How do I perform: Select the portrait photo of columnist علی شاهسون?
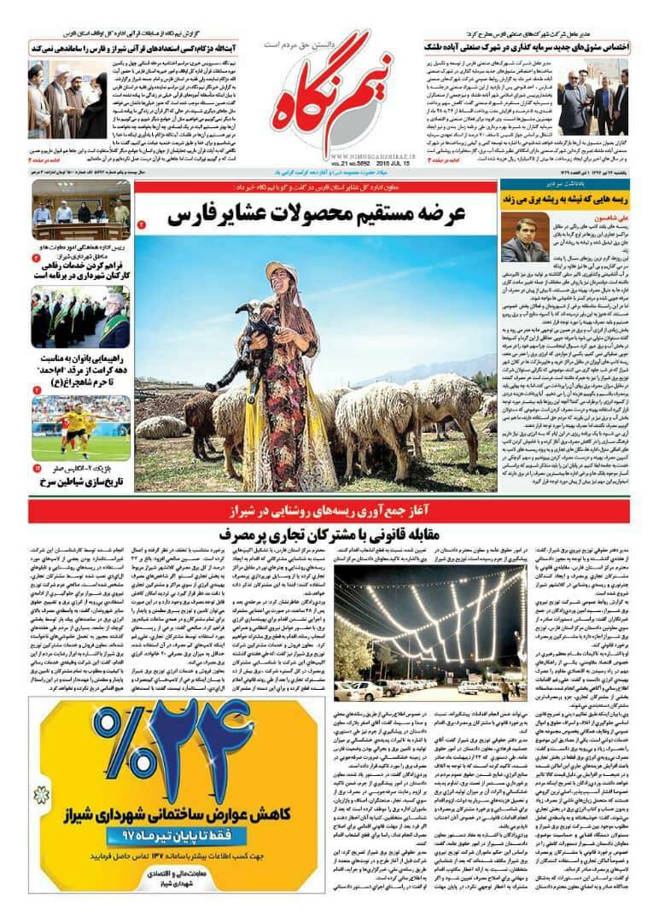coord(525,237)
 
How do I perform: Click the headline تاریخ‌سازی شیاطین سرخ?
coord(81,483)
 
